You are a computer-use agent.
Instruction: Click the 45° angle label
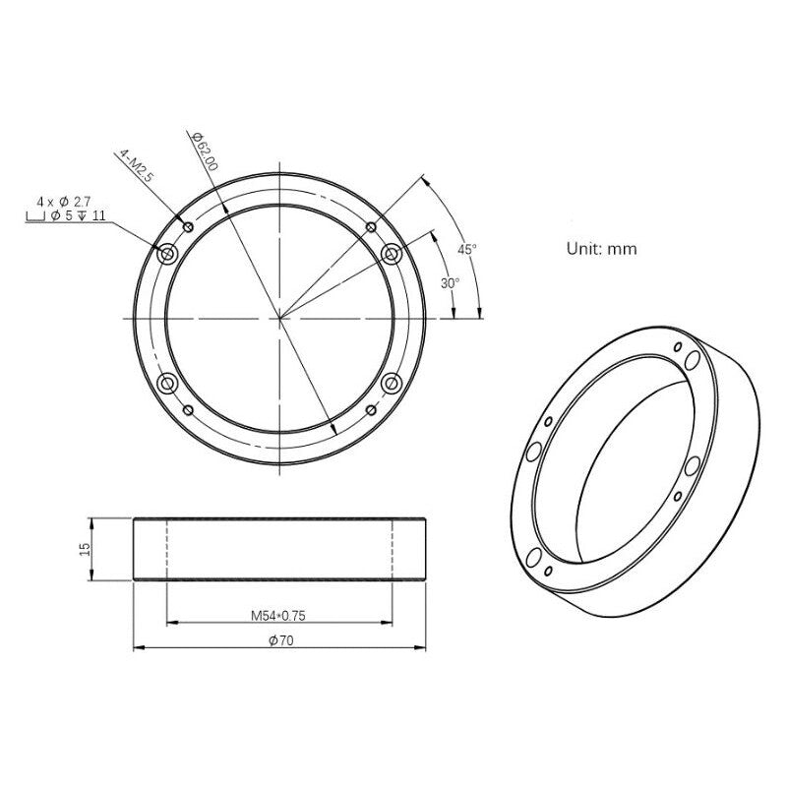(x=467, y=249)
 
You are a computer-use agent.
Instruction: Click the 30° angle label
(x=449, y=282)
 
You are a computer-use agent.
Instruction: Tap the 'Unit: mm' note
(x=601, y=249)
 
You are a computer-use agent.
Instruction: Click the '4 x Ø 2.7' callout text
(x=64, y=201)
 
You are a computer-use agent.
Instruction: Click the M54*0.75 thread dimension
(x=278, y=616)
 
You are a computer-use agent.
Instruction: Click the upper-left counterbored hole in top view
(x=167, y=255)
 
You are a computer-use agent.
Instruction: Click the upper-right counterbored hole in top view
(x=392, y=255)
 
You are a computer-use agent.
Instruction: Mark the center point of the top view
(x=279, y=318)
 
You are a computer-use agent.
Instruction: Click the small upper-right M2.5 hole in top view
(x=371, y=227)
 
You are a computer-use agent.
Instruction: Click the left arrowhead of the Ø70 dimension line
(x=138, y=646)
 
